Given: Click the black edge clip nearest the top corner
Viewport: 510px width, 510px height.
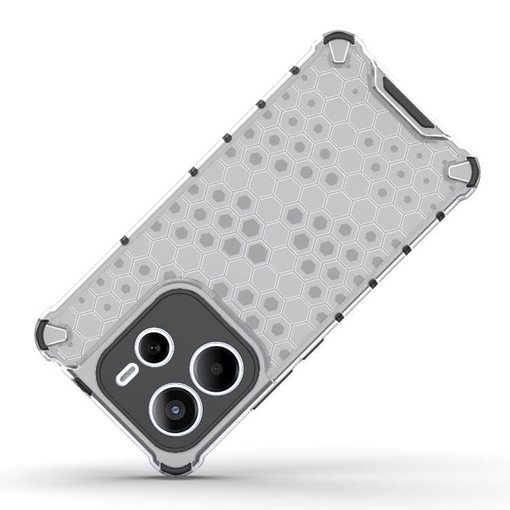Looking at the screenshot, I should (x=293, y=70).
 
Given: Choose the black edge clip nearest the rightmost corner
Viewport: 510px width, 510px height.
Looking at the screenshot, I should (x=440, y=216).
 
